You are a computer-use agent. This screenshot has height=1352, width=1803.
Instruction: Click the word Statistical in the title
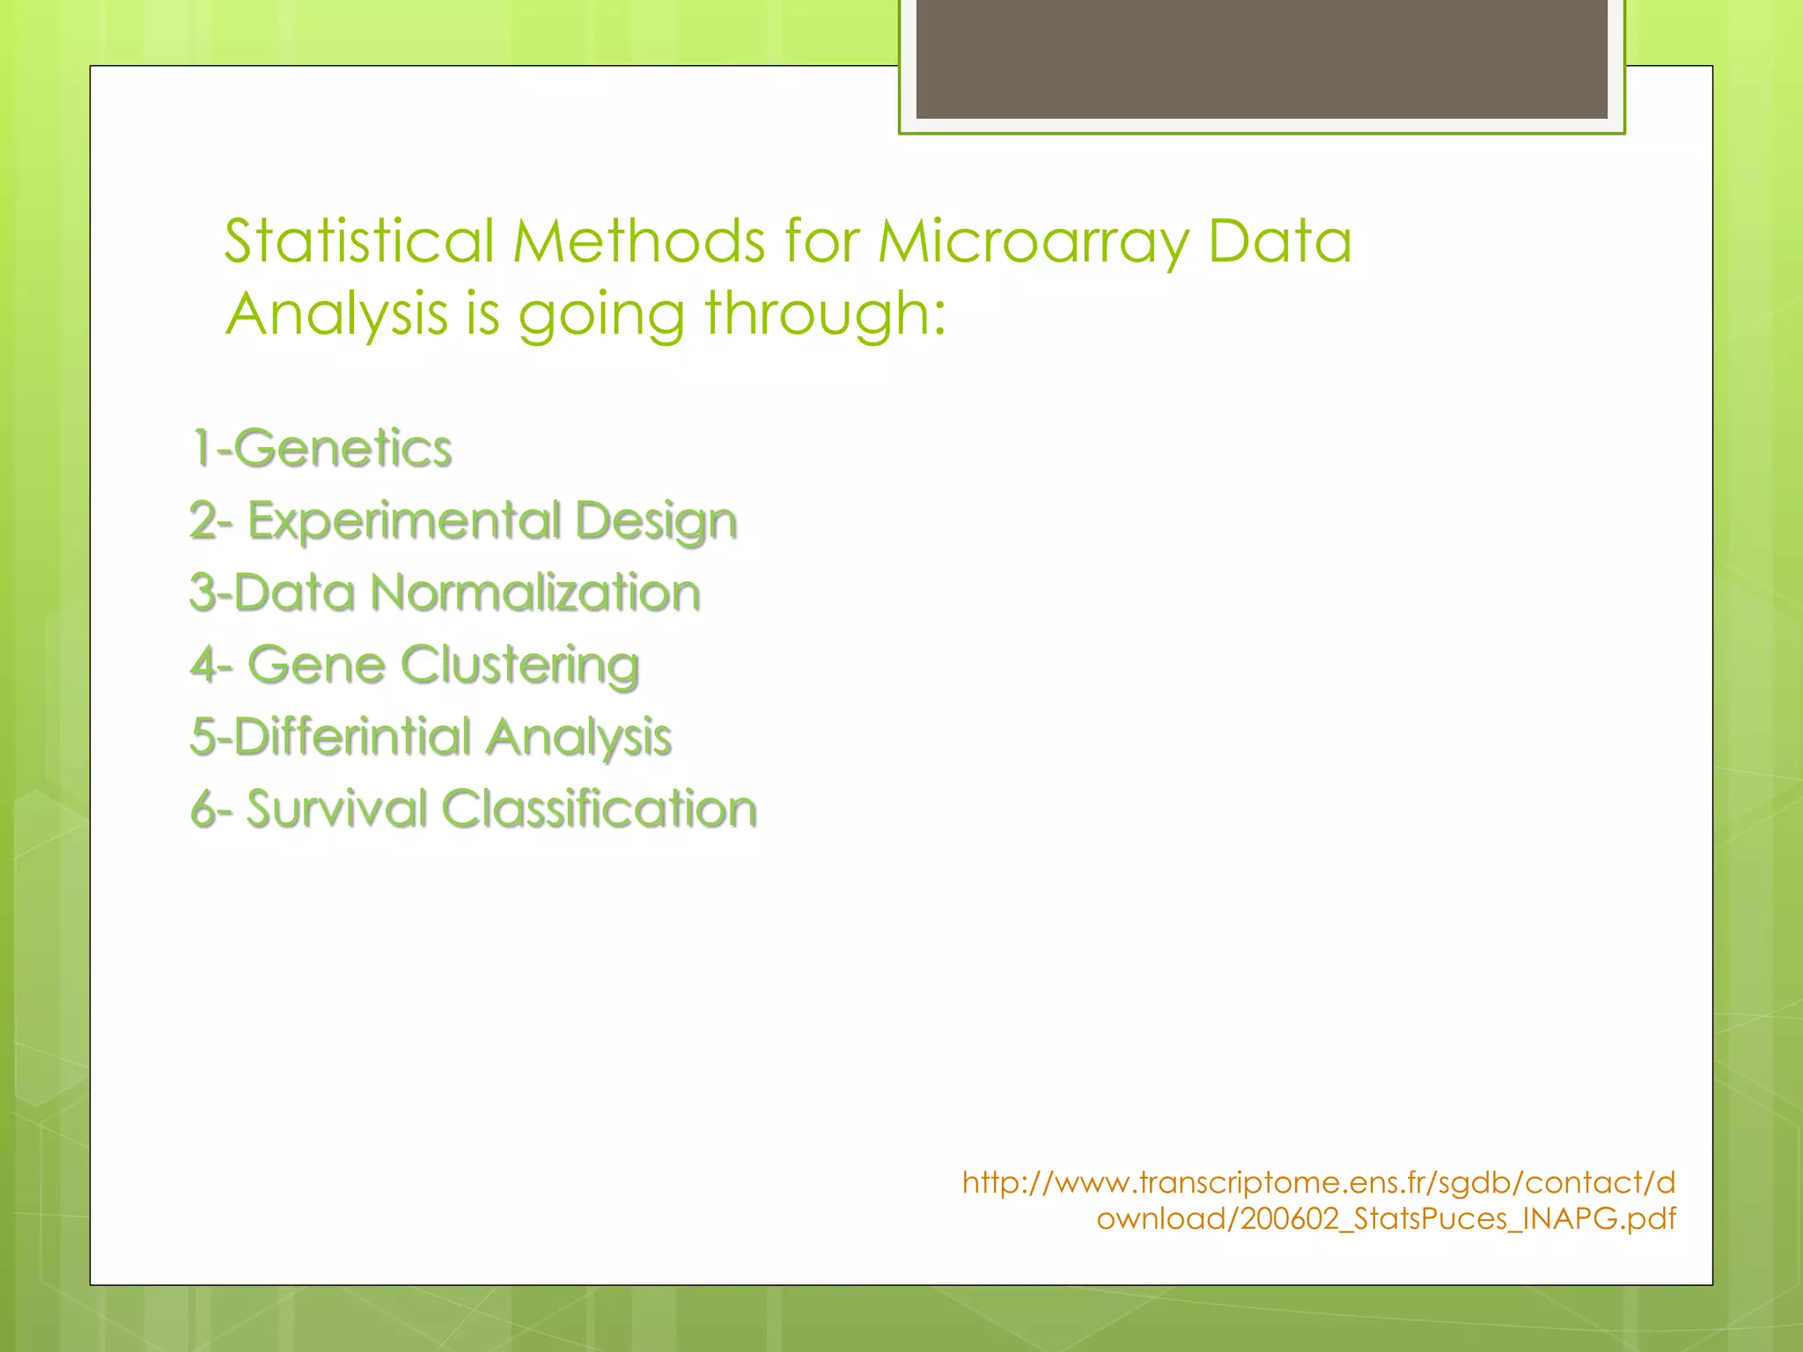(x=358, y=241)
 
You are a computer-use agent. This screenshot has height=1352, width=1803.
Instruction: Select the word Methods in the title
(x=638, y=241)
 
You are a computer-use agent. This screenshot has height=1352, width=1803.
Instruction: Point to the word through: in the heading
(x=825, y=314)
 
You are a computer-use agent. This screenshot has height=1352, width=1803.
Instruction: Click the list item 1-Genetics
(x=321, y=448)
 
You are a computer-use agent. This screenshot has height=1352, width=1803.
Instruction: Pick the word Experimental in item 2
(x=404, y=521)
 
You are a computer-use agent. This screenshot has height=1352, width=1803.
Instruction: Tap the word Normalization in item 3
(x=535, y=592)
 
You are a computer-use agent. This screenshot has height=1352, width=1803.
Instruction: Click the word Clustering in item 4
(x=520, y=666)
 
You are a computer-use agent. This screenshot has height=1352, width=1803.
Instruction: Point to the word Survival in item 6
(x=336, y=809)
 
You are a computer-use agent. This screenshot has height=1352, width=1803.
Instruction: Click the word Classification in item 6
(x=599, y=809)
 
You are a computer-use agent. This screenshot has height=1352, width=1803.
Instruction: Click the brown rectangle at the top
(x=1261, y=58)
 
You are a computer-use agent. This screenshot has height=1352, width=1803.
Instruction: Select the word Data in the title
(x=1279, y=241)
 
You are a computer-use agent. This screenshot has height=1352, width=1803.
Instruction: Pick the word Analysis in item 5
(x=578, y=738)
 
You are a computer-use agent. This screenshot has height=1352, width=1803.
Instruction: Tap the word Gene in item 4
(x=317, y=665)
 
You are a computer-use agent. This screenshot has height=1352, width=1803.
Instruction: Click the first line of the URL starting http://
(x=1318, y=1182)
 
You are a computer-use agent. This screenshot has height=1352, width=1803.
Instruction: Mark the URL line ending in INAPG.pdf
(x=1386, y=1219)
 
